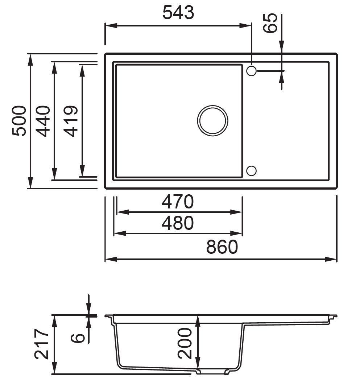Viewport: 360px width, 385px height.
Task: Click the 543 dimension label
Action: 178,13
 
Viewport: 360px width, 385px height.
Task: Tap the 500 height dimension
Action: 19,121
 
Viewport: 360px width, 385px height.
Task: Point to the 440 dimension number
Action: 44,121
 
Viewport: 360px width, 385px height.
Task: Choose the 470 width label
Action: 178,202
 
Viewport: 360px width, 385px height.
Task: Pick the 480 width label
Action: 178,223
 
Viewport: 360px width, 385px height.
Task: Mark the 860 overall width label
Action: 222,247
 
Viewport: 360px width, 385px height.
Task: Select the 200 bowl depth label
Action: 186,343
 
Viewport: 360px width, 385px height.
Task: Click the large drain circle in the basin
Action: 213,121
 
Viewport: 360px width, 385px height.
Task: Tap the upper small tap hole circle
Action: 251,71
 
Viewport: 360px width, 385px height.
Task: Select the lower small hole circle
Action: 251,170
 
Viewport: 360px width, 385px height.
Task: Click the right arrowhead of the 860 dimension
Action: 331,259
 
